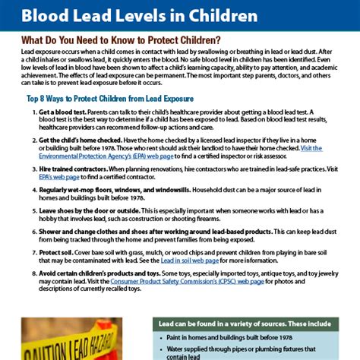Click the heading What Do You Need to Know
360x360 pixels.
122,39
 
